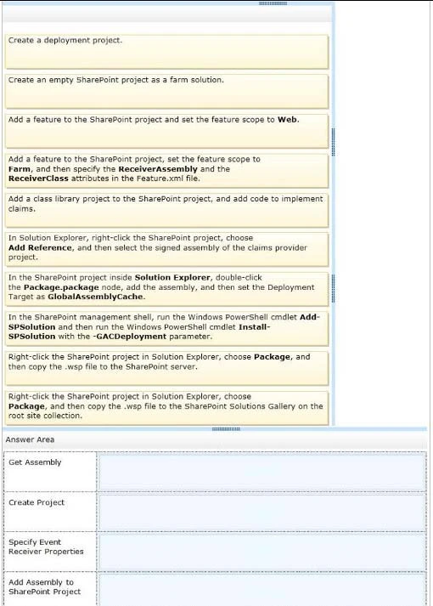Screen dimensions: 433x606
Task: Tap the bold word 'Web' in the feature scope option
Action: point(288,119)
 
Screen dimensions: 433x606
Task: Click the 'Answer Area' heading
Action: point(30,439)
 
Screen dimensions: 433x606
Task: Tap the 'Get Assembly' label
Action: point(35,462)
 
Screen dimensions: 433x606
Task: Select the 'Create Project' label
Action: point(37,502)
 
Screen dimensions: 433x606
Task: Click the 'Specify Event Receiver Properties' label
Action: point(46,547)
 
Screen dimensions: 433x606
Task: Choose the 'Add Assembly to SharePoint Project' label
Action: point(44,587)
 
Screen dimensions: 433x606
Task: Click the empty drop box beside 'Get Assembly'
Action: point(261,472)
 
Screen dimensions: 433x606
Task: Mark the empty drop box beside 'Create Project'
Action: point(261,512)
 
